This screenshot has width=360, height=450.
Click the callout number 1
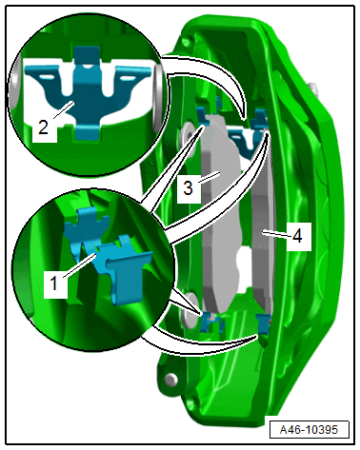pyautogui.click(x=54, y=284)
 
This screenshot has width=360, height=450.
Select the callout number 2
pyautogui.click(x=43, y=127)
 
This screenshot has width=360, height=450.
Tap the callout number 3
pyautogui.click(x=188, y=187)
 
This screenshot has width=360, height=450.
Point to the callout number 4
pyautogui.click(x=297, y=236)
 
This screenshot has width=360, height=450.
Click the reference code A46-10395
pyautogui.click(x=309, y=430)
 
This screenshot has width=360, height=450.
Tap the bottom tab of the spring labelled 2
pyautogui.click(x=87, y=132)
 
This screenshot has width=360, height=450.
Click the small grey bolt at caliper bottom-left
pyautogui.click(x=171, y=379)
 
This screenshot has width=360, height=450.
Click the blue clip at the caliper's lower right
pyautogui.click(x=263, y=324)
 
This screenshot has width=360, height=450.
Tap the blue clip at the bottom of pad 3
pyautogui.click(x=212, y=322)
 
